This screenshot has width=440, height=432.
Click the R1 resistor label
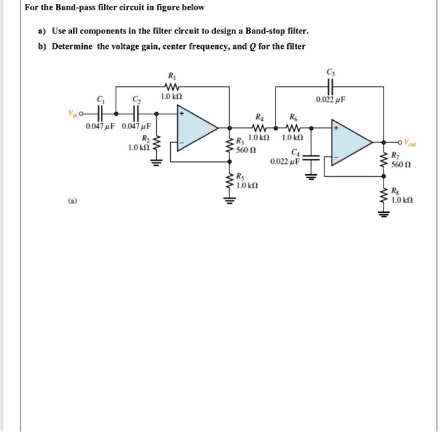pos(170,75)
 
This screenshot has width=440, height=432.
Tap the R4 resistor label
pos(259,118)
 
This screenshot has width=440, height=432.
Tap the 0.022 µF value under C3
pos(332,100)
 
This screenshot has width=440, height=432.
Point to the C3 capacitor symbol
pos(331,85)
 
